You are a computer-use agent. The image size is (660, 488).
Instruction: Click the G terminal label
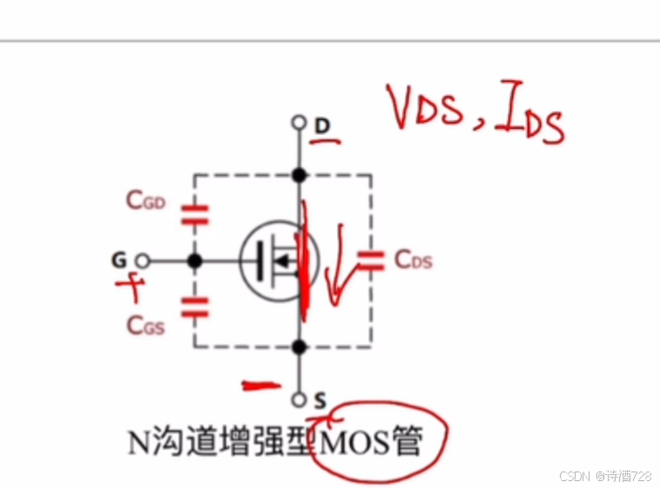click(x=118, y=260)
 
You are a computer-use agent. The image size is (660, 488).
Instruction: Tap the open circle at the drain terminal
click(x=300, y=123)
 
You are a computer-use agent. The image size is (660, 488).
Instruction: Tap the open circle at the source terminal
click(x=300, y=400)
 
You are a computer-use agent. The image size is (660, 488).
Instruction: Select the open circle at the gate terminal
click(x=143, y=261)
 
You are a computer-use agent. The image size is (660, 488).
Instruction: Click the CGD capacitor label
click(x=145, y=201)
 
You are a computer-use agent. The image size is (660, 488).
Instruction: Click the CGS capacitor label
click(x=145, y=324)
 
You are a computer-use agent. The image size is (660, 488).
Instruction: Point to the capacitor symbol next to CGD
click(x=194, y=214)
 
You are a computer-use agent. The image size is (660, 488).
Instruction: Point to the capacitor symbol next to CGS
click(x=194, y=304)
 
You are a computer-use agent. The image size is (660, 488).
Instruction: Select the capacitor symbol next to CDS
click(x=372, y=259)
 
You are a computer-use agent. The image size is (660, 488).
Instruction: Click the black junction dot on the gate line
click(x=194, y=261)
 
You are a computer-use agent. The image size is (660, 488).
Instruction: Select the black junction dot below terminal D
click(x=300, y=175)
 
